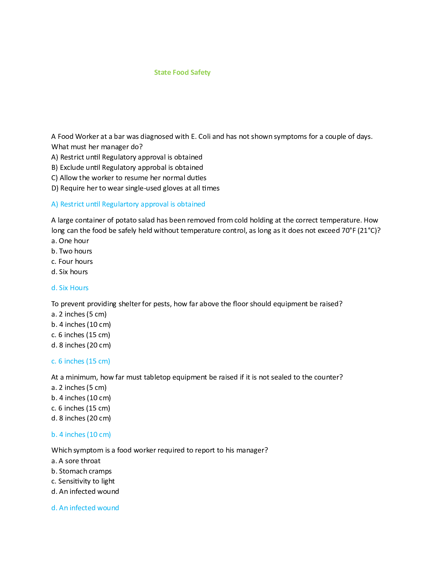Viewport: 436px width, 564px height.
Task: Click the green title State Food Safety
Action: (182, 72)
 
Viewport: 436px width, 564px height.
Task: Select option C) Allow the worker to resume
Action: (129, 178)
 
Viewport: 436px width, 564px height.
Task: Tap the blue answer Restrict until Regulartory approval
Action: (128, 204)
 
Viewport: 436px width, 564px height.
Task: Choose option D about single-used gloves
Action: (135, 188)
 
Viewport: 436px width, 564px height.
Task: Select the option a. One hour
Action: (70, 241)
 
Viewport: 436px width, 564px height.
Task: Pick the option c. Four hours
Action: (72, 261)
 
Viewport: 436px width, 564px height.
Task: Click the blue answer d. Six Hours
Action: (70, 288)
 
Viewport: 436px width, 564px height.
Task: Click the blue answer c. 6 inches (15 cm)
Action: (81, 361)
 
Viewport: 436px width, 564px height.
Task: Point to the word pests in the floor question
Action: (162, 304)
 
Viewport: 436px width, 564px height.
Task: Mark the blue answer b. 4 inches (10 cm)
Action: (81, 434)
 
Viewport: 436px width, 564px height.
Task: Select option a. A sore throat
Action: (76, 461)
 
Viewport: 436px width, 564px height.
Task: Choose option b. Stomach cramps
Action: (82, 471)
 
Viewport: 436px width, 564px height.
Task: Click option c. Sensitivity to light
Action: (83, 481)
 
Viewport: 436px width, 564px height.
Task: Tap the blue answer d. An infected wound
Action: (85, 508)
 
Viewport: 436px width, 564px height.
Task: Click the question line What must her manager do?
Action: (97, 147)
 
